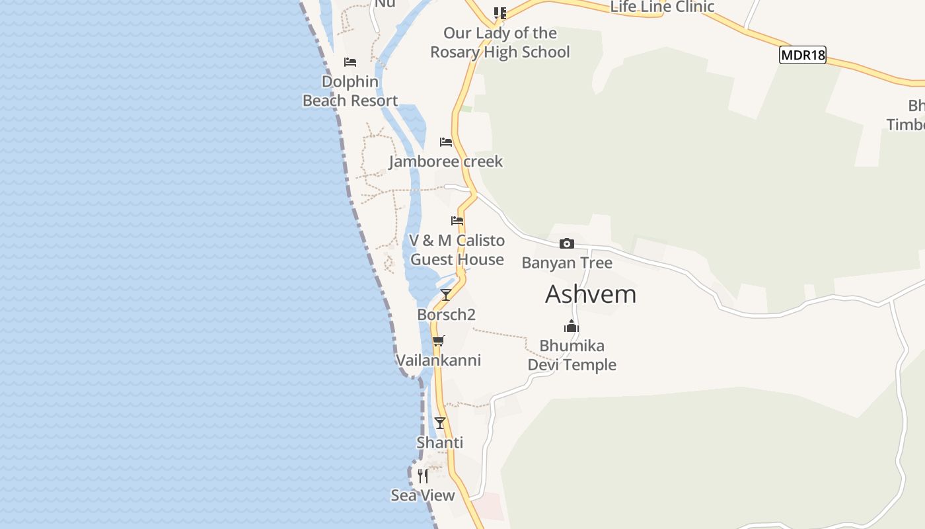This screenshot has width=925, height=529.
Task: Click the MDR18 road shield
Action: coord(803,55)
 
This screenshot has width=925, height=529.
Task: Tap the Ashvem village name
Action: coord(591,294)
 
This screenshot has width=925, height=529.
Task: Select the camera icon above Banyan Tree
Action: coord(567,244)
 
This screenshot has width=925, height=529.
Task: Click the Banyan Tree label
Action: coord(567,263)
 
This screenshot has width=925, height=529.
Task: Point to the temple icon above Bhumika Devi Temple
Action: coord(572,326)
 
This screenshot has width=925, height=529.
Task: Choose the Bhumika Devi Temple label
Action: coord(572,355)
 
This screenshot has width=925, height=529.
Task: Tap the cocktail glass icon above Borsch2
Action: coord(446,295)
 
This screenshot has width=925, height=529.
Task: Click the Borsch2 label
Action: coord(446,315)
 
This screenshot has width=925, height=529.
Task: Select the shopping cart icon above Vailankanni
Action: coord(438,341)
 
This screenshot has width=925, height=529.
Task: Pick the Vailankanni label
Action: coord(438,360)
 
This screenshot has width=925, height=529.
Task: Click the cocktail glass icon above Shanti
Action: coord(440,423)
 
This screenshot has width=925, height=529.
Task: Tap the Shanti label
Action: coord(439,442)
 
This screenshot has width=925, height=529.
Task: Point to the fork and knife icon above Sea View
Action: coord(423,475)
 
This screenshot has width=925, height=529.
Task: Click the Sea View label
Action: coord(423,495)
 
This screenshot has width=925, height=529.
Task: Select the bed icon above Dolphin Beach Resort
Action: coord(350,62)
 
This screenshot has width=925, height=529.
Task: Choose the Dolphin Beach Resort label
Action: coord(350,91)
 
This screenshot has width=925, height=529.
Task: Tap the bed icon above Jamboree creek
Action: coord(446,142)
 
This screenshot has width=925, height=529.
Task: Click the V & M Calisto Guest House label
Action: coord(457,250)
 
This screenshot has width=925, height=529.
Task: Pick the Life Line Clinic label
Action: coord(662,7)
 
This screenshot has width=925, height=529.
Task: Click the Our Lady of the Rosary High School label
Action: coord(499,42)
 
